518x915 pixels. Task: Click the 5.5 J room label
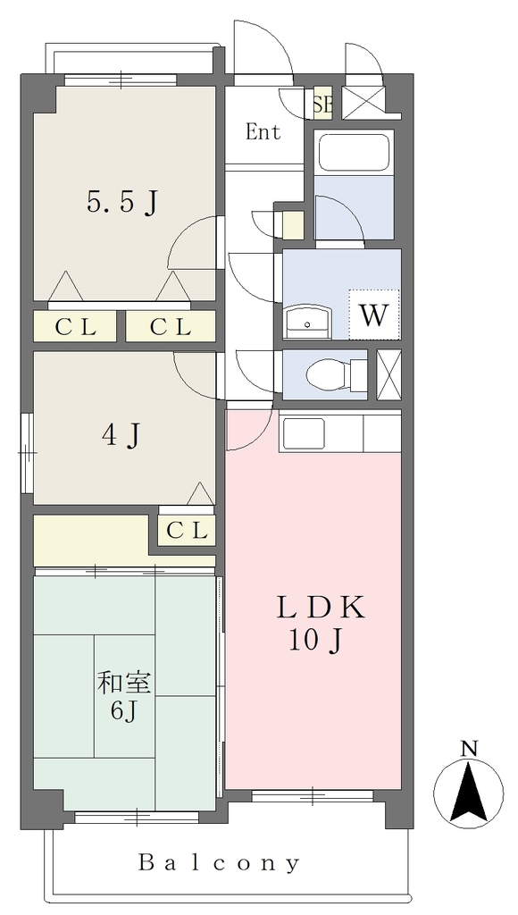pos(122,204)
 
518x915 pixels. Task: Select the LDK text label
pos(321,609)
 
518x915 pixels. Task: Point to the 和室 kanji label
pos(123,683)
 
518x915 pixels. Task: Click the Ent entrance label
pos(263,132)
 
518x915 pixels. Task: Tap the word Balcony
pos(219,862)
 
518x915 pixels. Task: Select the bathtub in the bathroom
pos(354,152)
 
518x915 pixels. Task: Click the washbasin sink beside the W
pos(309,322)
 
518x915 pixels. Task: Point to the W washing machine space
pos(374,315)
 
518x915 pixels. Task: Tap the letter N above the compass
pos(468,748)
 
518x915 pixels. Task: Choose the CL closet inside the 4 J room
pos(187,531)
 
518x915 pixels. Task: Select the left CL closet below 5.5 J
pos(75,327)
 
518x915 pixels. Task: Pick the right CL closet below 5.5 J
pos(171,327)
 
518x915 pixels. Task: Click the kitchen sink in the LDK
pos(304,433)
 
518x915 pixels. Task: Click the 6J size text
pos(124,711)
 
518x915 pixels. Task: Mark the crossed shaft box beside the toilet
pos(389,374)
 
